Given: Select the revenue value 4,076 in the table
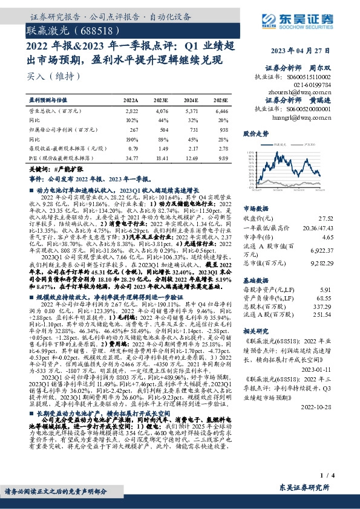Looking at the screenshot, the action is tap(162, 112).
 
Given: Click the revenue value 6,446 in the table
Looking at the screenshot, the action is tap(222, 112).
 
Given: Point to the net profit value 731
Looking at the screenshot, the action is tap(192, 129).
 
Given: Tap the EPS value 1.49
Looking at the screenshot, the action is tap(162, 148).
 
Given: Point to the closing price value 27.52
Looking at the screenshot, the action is tap(327, 216).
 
